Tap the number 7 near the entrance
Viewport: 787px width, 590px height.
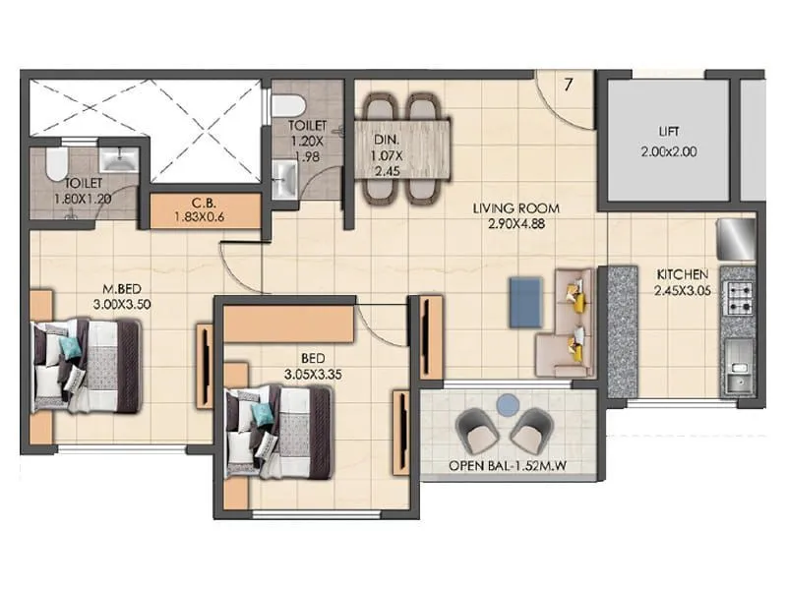(569, 85)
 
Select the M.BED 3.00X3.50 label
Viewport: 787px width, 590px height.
(125, 297)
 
